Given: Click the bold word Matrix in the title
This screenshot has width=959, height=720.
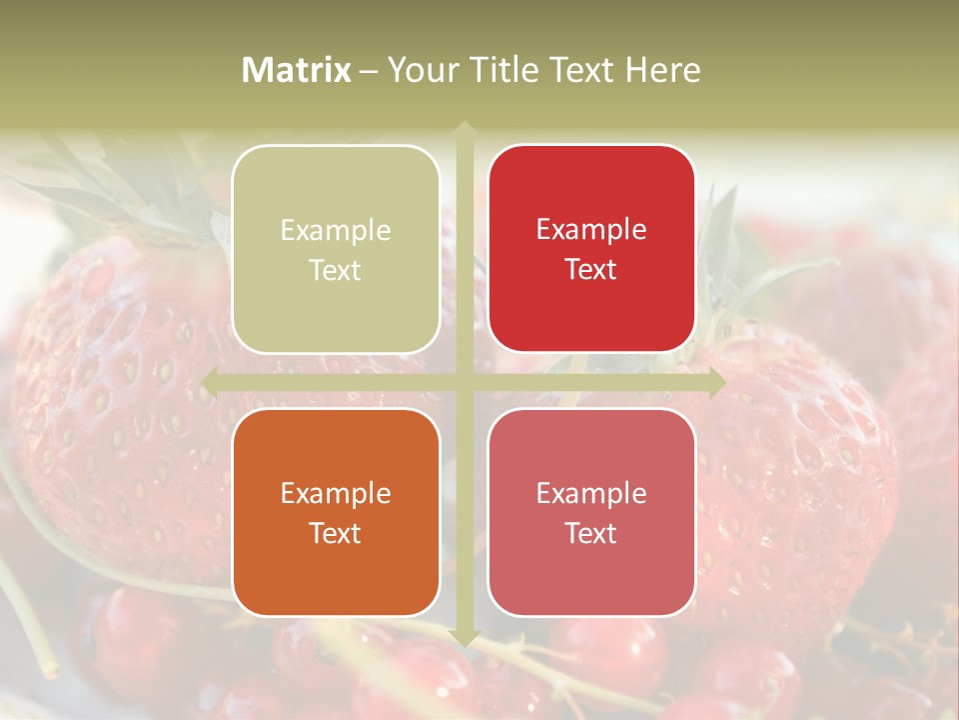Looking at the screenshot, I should point(297,70).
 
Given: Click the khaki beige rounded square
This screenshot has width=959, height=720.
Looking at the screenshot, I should point(336,249).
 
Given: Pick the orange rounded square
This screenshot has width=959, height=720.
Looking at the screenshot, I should point(336,512).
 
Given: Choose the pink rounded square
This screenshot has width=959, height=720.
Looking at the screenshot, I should point(591,512).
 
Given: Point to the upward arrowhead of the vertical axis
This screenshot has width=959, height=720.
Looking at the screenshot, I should point(464,130).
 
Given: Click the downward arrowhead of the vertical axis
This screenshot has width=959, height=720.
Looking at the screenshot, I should point(464,636).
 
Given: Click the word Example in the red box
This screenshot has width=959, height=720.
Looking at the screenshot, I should point(591,230).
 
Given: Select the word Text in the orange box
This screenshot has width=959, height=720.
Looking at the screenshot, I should point(335,533).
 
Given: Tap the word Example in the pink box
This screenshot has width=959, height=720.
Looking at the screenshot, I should point(591,493).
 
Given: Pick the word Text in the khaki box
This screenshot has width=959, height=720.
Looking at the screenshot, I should point(335,270).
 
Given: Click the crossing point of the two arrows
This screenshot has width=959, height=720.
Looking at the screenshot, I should point(464,382).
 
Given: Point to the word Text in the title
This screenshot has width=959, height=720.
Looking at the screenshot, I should point(581,70).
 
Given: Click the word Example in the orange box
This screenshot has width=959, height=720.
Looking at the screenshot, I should point(336,493).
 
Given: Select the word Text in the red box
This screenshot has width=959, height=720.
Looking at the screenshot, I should point(591,269).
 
